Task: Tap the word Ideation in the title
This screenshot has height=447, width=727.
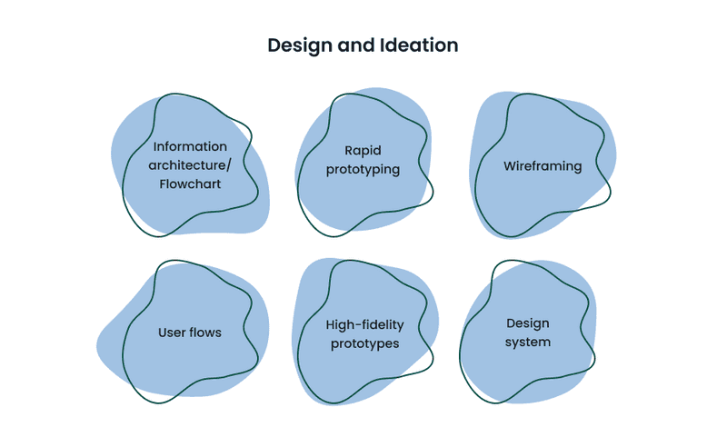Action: [419, 45]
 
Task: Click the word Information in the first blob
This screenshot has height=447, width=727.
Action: [190, 146]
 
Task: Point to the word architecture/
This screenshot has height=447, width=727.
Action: [190, 165]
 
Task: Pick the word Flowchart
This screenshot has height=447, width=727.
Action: [190, 184]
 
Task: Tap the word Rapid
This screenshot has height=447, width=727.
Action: [363, 151]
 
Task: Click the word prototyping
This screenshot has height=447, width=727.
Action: [363, 170]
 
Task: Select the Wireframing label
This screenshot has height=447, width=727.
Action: [543, 166]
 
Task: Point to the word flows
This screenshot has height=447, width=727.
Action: [206, 333]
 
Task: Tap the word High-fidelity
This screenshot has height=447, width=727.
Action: [365, 325]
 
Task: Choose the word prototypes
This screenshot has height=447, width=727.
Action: [365, 344]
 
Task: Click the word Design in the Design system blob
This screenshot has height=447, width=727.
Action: [528, 323]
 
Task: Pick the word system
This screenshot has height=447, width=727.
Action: [528, 343]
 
